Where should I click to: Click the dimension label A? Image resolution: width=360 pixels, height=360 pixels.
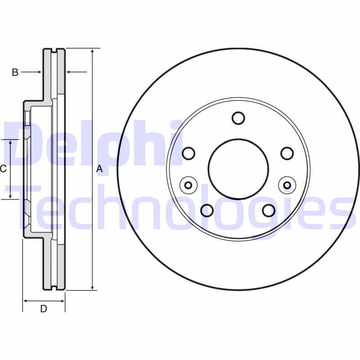(x=100, y=169)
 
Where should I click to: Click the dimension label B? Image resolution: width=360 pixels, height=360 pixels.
(x=15, y=72)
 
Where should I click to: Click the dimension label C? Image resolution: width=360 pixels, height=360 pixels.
(x=3, y=169)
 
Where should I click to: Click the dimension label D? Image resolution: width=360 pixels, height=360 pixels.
(x=44, y=309)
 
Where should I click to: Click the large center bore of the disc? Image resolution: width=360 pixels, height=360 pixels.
(x=238, y=169)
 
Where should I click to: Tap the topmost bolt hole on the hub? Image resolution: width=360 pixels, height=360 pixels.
(x=238, y=118)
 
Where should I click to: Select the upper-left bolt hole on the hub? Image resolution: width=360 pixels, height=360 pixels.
(x=189, y=153)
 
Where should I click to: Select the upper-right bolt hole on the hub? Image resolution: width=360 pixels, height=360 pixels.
(x=287, y=153)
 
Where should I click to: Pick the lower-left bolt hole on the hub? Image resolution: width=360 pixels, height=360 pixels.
(x=207, y=211)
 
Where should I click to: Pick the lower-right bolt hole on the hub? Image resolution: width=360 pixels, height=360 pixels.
(x=269, y=211)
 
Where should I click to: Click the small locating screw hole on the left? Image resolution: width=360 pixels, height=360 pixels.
(x=188, y=184)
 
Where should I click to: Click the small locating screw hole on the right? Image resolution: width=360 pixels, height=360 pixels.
(x=287, y=184)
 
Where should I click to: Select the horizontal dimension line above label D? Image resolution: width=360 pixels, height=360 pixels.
(x=44, y=301)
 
